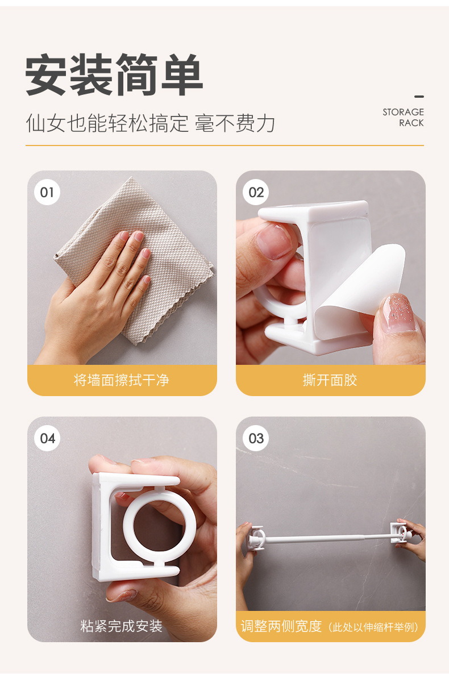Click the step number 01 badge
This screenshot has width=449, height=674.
tap(47, 192)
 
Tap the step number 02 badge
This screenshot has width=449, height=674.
tap(256, 192)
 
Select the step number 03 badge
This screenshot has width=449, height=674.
tap(256, 439)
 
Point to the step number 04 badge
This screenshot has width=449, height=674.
tap(47, 439)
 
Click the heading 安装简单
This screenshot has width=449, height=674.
tap(114, 75)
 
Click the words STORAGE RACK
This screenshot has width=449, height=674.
tap(403, 117)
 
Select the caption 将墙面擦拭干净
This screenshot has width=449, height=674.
tap(122, 380)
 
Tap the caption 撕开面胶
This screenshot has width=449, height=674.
tap(330, 380)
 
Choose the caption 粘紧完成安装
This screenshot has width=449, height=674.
tap(122, 626)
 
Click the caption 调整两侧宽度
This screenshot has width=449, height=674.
tap(281, 626)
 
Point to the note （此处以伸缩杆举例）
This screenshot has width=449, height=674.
tap(373, 627)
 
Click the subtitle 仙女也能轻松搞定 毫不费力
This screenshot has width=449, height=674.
tap(151, 123)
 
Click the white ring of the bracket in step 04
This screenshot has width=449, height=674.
tap(159, 525)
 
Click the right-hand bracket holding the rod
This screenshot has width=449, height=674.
tap(400, 533)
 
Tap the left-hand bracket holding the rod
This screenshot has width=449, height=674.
tap(255, 537)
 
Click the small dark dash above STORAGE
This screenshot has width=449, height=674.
tap(419, 97)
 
